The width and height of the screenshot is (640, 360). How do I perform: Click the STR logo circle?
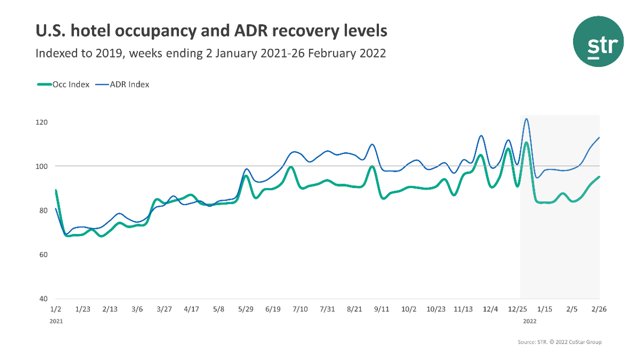click(x=598, y=41)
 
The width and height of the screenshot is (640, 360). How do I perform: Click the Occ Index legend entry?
click(x=64, y=84)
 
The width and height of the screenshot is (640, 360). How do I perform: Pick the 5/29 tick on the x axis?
click(x=246, y=309)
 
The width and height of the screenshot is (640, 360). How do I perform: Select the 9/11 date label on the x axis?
click(x=381, y=309)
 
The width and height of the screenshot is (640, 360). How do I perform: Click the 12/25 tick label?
click(x=518, y=309)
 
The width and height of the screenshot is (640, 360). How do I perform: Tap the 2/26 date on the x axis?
click(x=599, y=309)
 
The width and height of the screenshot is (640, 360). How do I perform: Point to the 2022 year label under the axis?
click(x=530, y=321)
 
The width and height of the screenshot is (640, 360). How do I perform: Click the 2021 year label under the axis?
click(x=56, y=321)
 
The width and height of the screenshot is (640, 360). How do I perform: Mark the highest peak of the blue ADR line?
click(x=526, y=119)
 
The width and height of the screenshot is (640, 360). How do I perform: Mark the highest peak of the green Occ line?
click(x=527, y=142)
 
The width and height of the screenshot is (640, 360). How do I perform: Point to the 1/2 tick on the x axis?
click(x=56, y=309)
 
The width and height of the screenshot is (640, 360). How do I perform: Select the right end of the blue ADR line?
click(x=600, y=137)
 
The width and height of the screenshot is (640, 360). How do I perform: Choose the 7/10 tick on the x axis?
click(x=300, y=309)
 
